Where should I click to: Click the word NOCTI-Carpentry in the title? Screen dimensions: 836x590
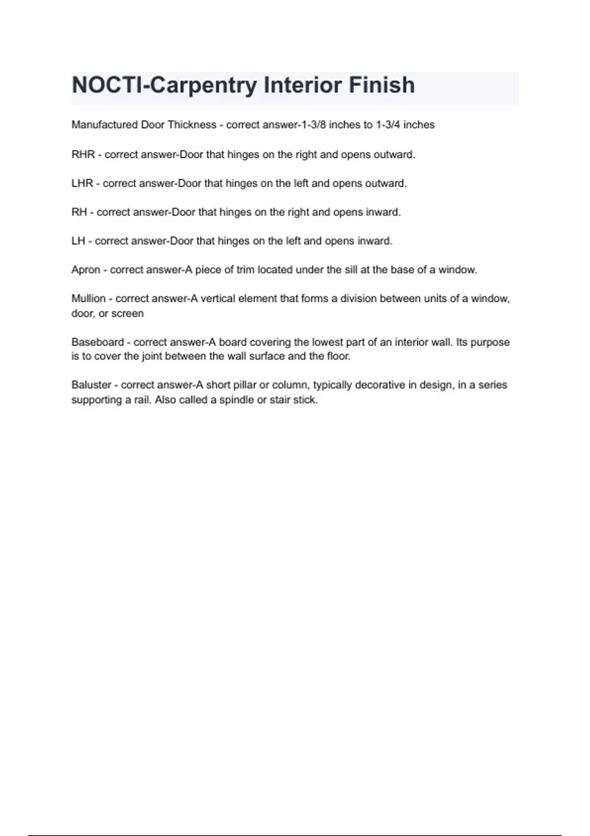pos(165,86)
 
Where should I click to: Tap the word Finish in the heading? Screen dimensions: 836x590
pos(382,85)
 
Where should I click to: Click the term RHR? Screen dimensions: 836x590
pos(83,154)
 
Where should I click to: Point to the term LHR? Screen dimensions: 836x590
pos(82,183)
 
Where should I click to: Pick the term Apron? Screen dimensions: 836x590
pos(86,270)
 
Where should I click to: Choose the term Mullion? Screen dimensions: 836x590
pos(88,299)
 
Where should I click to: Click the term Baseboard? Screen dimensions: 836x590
pos(97,342)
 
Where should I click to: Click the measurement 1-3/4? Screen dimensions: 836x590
pos(388,125)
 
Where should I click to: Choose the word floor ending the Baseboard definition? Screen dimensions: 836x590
pos(338,357)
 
